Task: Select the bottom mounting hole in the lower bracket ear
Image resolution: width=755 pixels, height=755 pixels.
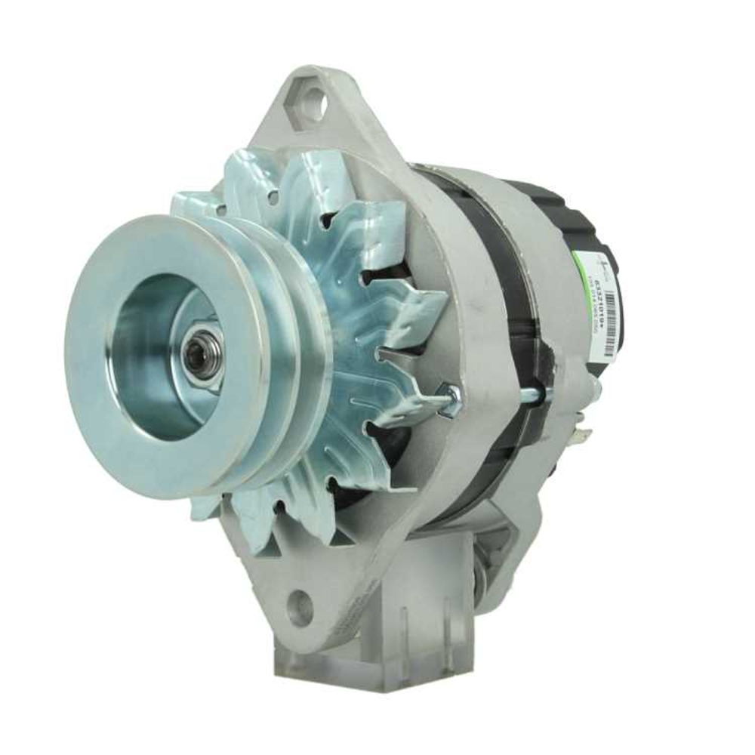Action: (x=300, y=606)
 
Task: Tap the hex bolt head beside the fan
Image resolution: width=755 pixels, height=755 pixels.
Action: (x=450, y=400)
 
